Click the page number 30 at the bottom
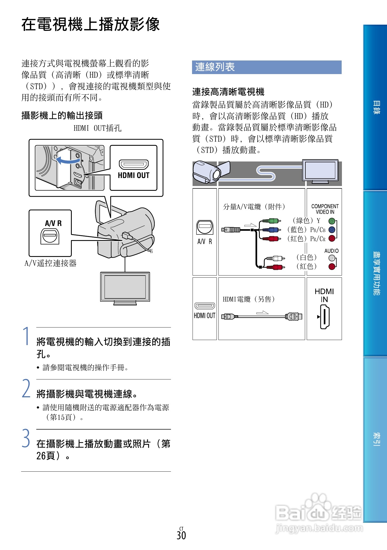181,535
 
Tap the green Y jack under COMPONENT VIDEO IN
332,221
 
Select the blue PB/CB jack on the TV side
332,230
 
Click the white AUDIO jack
332,258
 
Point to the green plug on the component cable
272,221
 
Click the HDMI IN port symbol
325,317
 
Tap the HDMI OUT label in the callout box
133,175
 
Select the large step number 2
26,389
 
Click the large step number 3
26,438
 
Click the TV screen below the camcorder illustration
125,287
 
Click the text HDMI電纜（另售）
249,299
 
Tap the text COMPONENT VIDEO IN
325,209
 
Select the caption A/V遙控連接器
50,264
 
